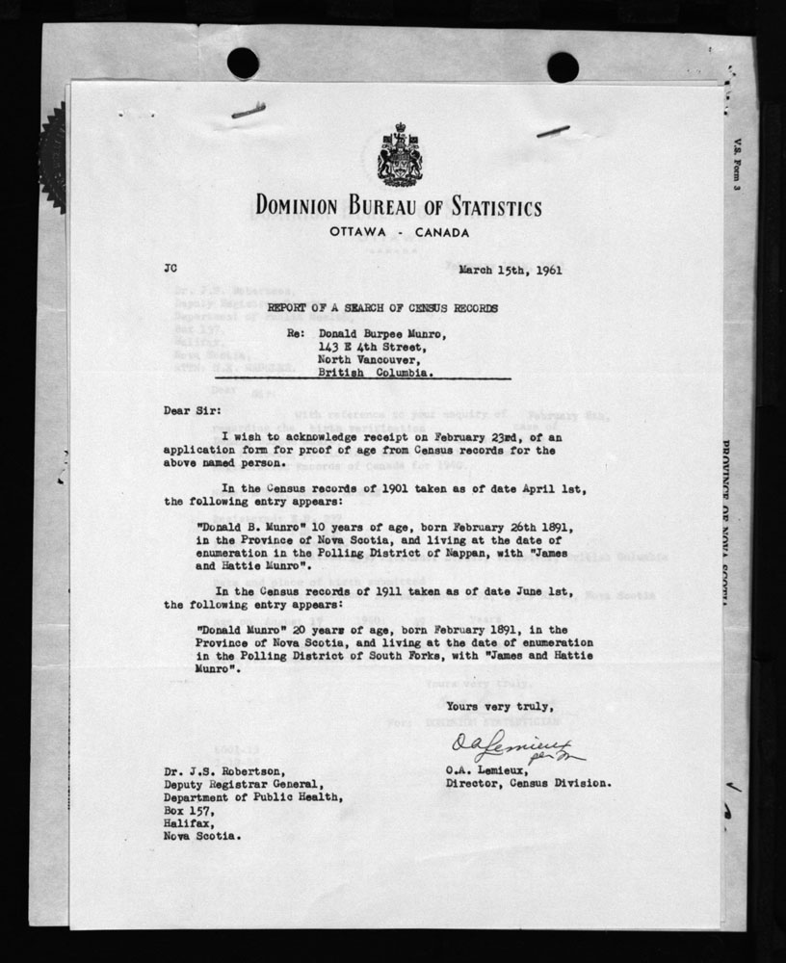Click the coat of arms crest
tap(398, 155)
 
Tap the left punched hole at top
tap(243, 64)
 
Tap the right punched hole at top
tap(563, 66)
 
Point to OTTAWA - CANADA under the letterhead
tap(398, 234)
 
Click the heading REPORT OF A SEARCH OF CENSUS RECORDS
tap(382, 308)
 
